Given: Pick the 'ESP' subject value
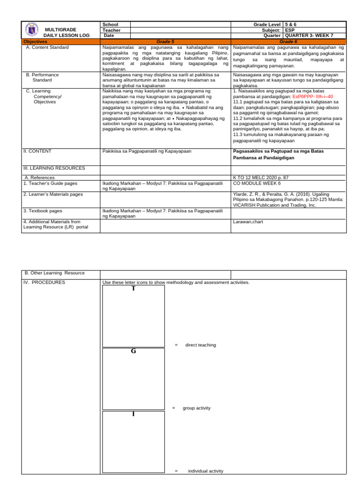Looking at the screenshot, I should (x=290, y=30).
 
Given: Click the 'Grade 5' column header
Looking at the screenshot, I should (x=165, y=42).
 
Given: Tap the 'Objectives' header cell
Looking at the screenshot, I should (x=36, y=42).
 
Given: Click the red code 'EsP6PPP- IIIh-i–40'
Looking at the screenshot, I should (x=312, y=96).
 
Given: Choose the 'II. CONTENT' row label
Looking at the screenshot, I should (x=37, y=151).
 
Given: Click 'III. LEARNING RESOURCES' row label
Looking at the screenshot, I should (x=54, y=168).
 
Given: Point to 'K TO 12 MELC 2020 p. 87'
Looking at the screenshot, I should (x=261, y=178).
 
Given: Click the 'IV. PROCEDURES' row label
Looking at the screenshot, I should (x=45, y=283).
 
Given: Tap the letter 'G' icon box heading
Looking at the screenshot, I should (x=134, y=351).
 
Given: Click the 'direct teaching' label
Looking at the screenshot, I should (x=201, y=345).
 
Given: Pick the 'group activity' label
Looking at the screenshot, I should (x=196, y=408).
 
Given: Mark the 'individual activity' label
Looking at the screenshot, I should (x=205, y=471).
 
